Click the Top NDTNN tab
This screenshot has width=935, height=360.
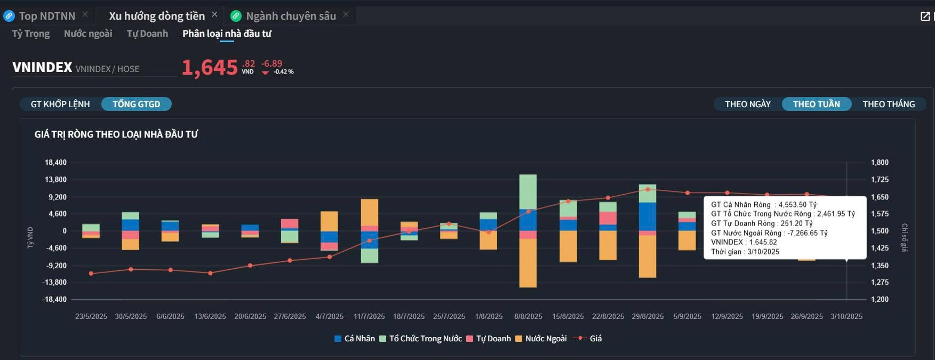coord(46,16)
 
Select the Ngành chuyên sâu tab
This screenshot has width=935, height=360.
coord(291,16)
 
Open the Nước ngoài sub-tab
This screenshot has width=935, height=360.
coord(88,34)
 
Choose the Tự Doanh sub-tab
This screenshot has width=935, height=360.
coord(147,34)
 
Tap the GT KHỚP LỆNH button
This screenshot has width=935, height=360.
coord(60,104)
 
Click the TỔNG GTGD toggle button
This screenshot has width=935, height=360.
coord(136,104)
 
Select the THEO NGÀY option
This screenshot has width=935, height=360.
coord(747,104)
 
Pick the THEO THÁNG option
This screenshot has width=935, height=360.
coord(889,104)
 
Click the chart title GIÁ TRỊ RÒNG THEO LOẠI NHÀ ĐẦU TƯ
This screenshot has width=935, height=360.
coord(116,134)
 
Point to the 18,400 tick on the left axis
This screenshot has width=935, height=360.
coord(55,162)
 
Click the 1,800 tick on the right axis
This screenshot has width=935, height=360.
coord(880,162)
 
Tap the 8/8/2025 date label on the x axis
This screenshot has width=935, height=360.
coord(528,316)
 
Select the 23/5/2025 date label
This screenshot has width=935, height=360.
coord(91,316)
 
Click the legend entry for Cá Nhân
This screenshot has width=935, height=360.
coord(355,339)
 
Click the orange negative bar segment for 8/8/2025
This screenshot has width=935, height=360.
coord(528,263)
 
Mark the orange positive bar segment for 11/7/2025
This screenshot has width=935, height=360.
coord(370,212)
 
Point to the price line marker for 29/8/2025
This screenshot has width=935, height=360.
coord(648,189)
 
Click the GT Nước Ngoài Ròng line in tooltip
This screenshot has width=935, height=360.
coord(769,233)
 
